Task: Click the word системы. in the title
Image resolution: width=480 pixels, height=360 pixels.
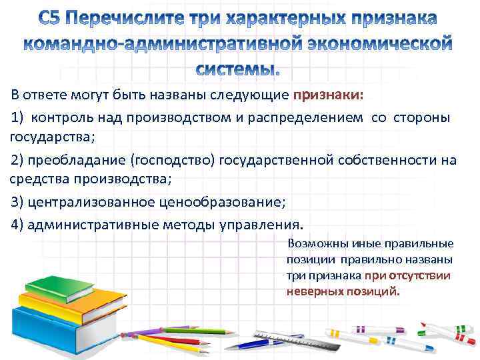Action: coord(238,69)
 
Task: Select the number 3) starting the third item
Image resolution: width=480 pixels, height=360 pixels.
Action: coord(19,202)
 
